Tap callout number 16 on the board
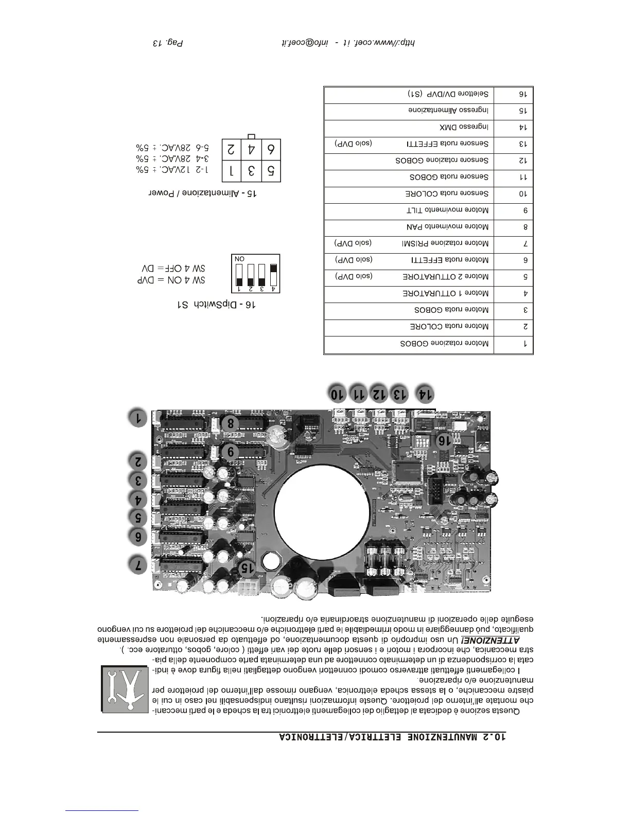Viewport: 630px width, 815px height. click(443, 441)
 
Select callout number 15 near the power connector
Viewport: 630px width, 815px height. click(247, 567)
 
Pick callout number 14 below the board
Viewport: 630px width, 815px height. click(424, 394)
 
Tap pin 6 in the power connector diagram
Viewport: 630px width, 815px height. click(271, 150)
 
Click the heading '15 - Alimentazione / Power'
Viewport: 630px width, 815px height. click(203, 193)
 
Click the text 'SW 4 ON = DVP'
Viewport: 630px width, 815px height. click(171, 280)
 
